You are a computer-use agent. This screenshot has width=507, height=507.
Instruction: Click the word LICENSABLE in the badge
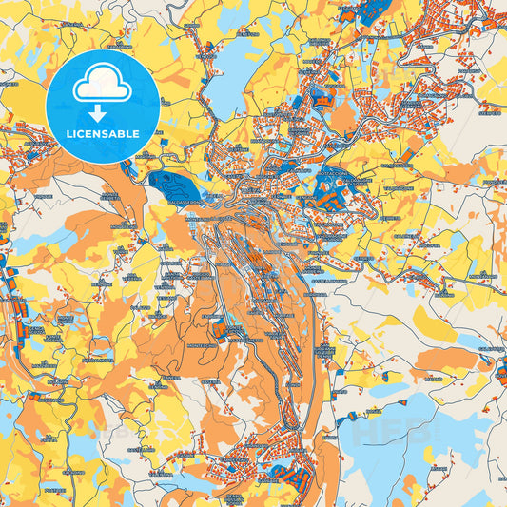(101, 134)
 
